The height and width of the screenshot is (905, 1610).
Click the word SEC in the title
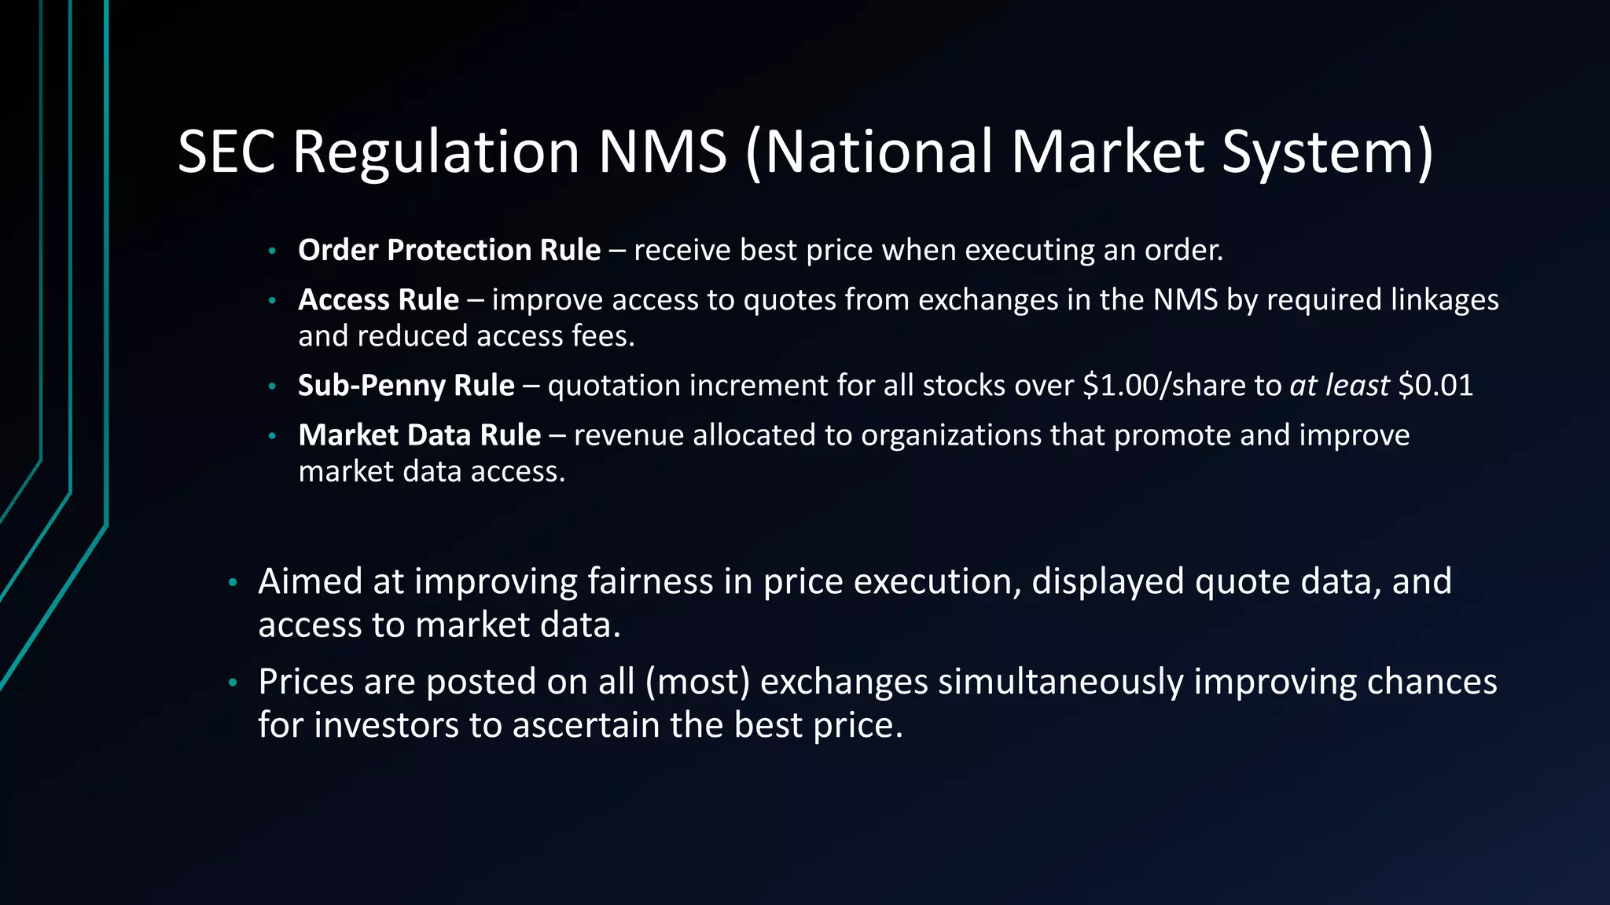pyautogui.click(x=226, y=152)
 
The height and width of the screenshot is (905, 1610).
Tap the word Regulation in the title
pyautogui.click(x=436, y=152)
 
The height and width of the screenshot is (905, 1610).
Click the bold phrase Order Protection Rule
pyautogui.click(x=449, y=251)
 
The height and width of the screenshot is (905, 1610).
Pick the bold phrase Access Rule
pyautogui.click(x=378, y=300)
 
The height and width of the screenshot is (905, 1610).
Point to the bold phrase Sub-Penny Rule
pyautogui.click(x=406, y=386)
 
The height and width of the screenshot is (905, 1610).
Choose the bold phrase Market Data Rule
pyautogui.click(x=419, y=435)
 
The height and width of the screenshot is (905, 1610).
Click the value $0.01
pyautogui.click(x=1435, y=386)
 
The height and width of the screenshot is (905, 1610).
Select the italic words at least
pyautogui.click(x=1340, y=386)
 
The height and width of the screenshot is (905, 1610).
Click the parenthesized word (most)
pyautogui.click(x=697, y=682)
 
